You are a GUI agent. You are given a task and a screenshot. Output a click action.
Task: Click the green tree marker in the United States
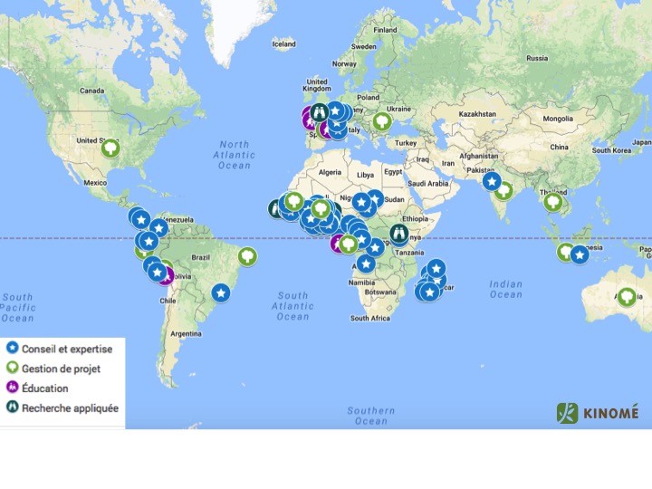(x=110, y=148)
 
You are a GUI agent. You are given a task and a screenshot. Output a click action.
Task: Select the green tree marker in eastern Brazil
(x=245, y=256)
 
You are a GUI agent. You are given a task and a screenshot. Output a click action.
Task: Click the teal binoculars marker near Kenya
(x=398, y=233)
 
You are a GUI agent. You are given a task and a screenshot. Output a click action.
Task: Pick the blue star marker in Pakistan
(x=492, y=181)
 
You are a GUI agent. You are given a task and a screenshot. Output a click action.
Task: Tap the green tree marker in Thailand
(x=552, y=202)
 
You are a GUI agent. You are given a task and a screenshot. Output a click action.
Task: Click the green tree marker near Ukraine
(x=382, y=120)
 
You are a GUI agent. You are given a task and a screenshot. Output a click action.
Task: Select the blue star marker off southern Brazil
(x=221, y=292)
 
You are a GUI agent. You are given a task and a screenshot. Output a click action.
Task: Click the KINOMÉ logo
(x=598, y=413)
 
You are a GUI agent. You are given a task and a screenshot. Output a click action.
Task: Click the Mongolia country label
(x=557, y=119)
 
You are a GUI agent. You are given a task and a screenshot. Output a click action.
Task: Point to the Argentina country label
(x=186, y=333)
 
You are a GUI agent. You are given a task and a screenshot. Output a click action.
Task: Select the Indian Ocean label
(x=506, y=289)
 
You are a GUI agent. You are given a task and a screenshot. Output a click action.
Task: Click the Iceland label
(x=283, y=43)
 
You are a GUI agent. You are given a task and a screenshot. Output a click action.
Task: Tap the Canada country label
(x=92, y=91)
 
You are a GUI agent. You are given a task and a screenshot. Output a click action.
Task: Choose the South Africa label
(x=369, y=318)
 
